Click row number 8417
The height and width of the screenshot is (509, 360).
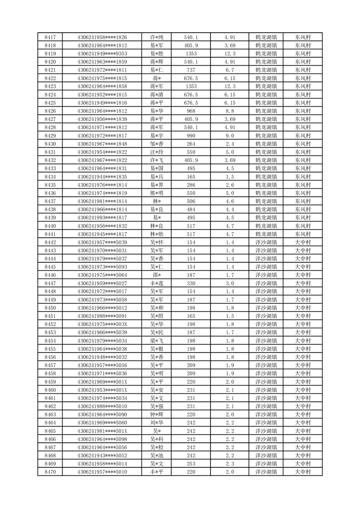pyautogui.click(x=50, y=37)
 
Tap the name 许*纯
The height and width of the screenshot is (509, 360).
pyautogui.click(x=157, y=37)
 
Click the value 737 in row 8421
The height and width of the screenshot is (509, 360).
pyautogui.click(x=191, y=70)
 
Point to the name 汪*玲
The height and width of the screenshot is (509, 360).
pyautogui.click(x=157, y=152)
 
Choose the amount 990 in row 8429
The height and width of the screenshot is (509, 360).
pyautogui.click(x=191, y=136)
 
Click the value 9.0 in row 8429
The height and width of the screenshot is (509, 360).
pyautogui.click(x=230, y=136)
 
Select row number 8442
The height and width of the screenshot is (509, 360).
pyautogui.click(x=50, y=242)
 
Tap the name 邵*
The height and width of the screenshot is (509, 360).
pyautogui.click(x=157, y=275)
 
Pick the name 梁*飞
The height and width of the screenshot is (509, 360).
pyautogui.click(x=157, y=341)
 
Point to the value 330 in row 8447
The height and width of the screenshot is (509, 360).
pyautogui.click(x=191, y=283)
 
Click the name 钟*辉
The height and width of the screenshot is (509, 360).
pyautogui.click(x=157, y=415)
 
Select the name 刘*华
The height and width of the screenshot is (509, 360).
pyautogui.click(x=157, y=423)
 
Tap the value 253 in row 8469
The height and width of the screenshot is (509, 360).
pyautogui.click(x=191, y=464)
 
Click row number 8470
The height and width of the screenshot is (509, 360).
pyautogui.click(x=50, y=472)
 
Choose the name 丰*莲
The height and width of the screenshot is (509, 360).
pyautogui.click(x=157, y=283)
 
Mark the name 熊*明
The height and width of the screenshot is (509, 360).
pyautogui.click(x=157, y=193)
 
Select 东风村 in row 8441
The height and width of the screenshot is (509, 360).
pyautogui.click(x=302, y=234)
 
